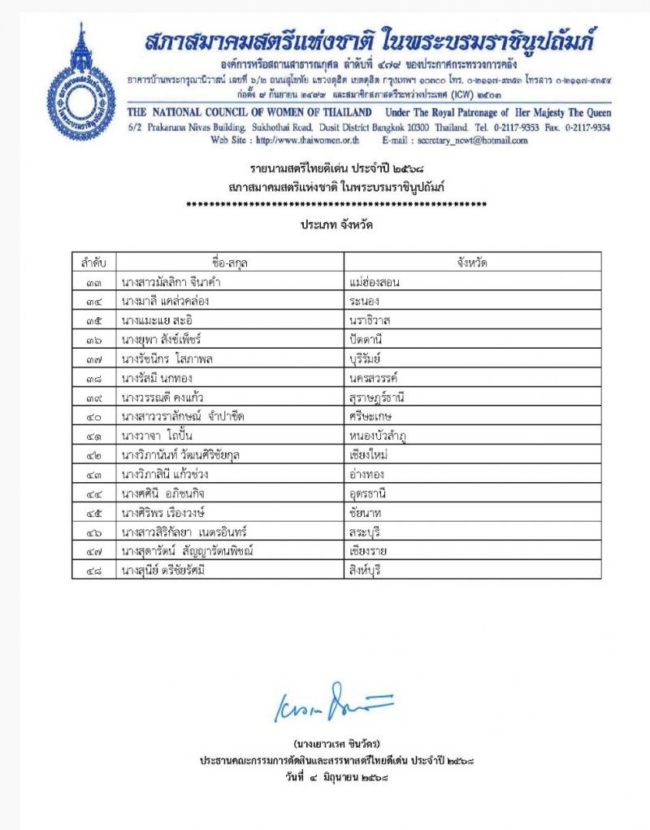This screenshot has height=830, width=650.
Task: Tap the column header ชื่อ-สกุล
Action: [x=230, y=262]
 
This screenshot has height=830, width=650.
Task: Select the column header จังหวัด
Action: [x=472, y=262]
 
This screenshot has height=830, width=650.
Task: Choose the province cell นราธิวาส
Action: [x=367, y=320]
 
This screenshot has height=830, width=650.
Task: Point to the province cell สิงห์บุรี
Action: [x=362, y=571]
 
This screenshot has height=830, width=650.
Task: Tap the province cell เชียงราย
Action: [x=366, y=551]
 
